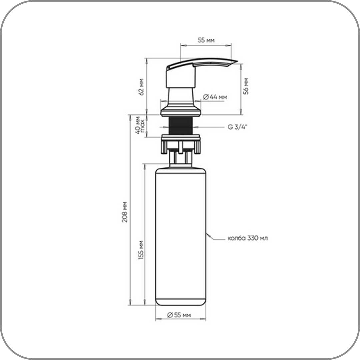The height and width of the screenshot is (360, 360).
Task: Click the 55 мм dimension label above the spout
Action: (206, 40)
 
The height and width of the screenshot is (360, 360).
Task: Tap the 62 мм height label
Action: (141, 87)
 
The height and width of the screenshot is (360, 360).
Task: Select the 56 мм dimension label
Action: (246, 86)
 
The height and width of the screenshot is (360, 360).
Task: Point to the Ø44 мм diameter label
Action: (215, 97)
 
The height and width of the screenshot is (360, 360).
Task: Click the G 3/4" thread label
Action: (238, 127)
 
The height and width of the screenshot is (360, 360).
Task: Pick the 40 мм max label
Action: (140, 125)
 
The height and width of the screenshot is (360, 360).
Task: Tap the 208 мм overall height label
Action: (124, 212)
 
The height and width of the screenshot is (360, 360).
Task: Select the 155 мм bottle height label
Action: (141, 250)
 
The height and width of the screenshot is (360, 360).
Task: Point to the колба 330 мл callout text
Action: (248, 238)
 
